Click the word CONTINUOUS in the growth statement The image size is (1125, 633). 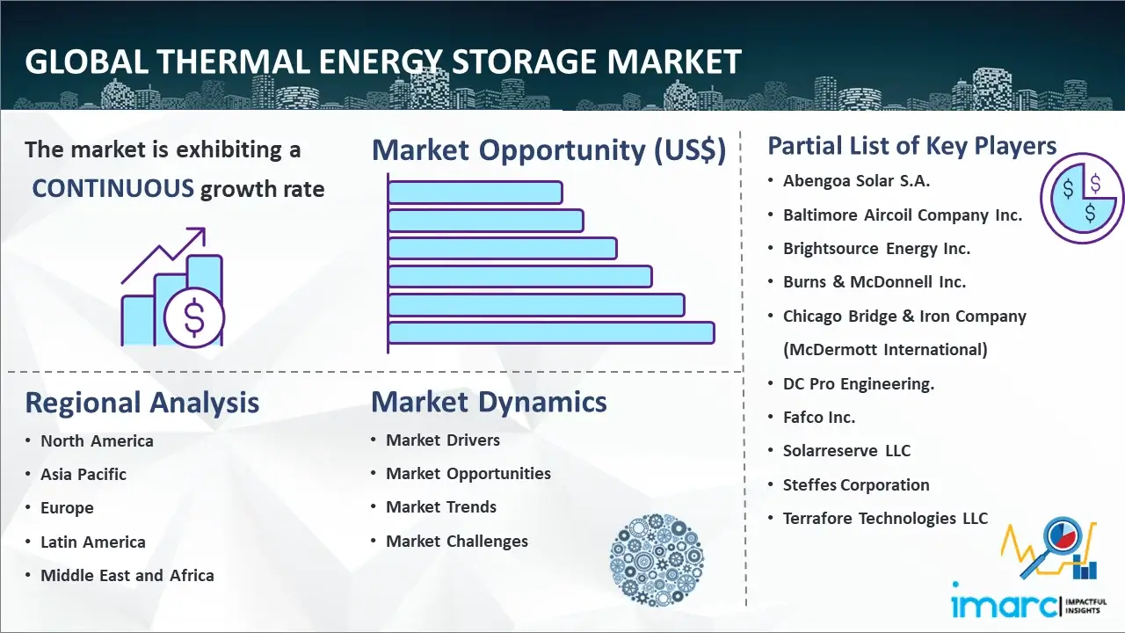[113, 189]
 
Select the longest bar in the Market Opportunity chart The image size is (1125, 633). [551, 333]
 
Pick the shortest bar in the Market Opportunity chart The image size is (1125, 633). [475, 193]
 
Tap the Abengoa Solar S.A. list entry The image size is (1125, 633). [856, 181]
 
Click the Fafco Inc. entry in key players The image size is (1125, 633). [819, 418]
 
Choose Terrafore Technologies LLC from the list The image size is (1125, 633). [885, 518]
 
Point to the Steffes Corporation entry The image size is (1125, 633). [856, 484]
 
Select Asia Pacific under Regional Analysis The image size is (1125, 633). [83, 474]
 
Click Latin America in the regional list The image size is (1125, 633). [93, 542]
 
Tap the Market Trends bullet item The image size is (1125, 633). [441, 507]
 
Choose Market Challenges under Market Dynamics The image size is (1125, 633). [457, 541]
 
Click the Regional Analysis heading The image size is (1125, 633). [142, 404]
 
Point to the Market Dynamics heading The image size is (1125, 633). [489, 403]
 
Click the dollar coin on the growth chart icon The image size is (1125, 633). [194, 318]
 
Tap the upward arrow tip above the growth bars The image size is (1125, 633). [204, 229]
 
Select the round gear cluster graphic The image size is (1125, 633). [657, 559]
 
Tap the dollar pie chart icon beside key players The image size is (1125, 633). [1082, 198]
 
